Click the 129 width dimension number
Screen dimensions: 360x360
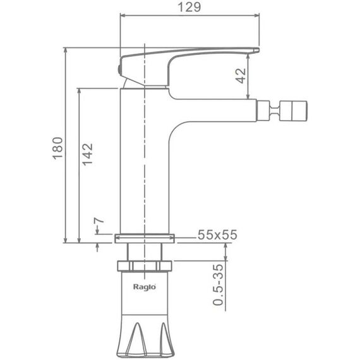[x=189, y=7]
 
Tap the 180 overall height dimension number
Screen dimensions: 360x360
[x=57, y=148]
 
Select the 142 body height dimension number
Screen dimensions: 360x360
[x=88, y=155]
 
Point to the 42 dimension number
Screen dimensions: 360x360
[x=241, y=76]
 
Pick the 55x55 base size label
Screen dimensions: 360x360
[x=217, y=235]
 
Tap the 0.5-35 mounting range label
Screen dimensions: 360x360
[x=218, y=285]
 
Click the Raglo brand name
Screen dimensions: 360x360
[x=145, y=287]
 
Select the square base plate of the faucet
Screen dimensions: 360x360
[x=145, y=238]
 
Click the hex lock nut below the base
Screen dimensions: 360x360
[x=145, y=266]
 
